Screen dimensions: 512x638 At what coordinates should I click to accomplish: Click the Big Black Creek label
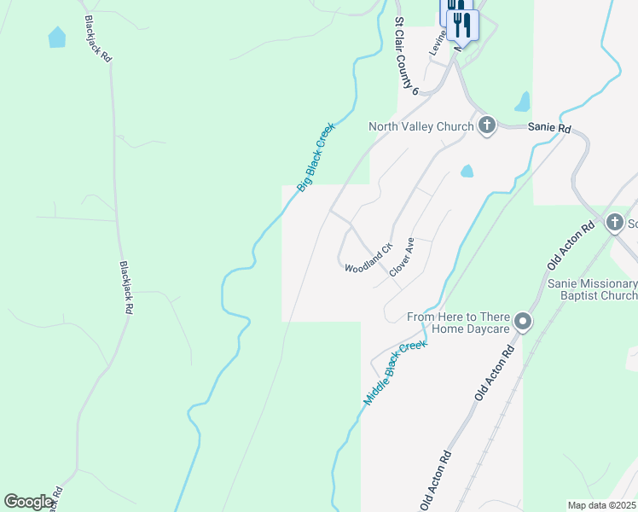click(x=316, y=157)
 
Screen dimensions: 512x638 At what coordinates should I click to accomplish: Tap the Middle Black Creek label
click(x=394, y=373)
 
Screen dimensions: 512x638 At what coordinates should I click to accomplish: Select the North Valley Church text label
click(x=420, y=127)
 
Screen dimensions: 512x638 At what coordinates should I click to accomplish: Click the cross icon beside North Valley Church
click(x=487, y=126)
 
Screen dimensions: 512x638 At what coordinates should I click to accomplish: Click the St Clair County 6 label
click(x=406, y=54)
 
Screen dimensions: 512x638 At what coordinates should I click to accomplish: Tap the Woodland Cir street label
click(x=368, y=258)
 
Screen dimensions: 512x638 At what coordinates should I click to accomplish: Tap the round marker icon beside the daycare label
click(x=524, y=323)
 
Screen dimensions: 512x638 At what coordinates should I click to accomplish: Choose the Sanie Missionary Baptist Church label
click(x=593, y=289)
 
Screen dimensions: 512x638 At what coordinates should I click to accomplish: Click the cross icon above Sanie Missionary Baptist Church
click(x=614, y=224)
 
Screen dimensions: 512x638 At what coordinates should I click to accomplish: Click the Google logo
click(x=28, y=502)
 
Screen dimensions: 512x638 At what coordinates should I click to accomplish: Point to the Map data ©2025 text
click(x=600, y=505)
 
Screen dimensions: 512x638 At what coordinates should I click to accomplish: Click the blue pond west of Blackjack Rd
click(x=57, y=38)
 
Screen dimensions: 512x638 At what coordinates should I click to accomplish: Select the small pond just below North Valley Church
click(x=467, y=171)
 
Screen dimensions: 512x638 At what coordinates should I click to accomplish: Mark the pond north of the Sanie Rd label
click(x=522, y=102)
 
